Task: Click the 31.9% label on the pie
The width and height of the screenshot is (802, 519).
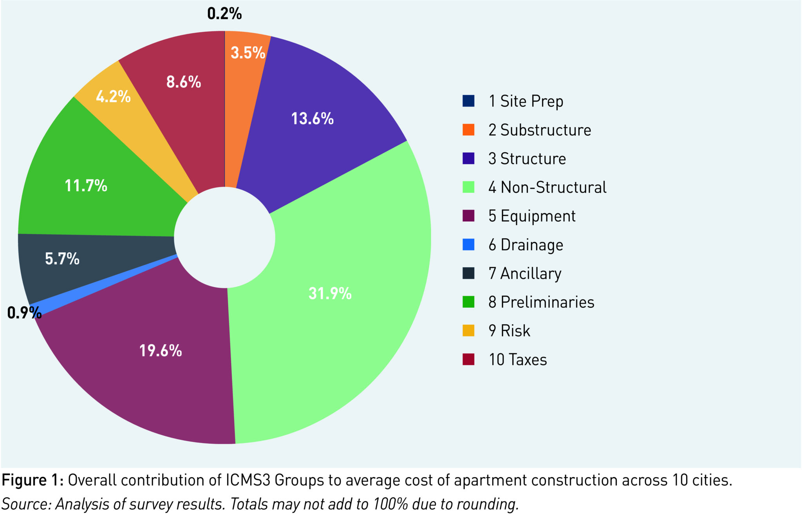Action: pyautogui.click(x=330, y=293)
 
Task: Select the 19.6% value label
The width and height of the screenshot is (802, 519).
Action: pyautogui.click(x=161, y=351)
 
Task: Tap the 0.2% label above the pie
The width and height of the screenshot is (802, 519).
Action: pyautogui.click(x=224, y=14)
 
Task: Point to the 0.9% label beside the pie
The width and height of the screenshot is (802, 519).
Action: pyautogui.click(x=24, y=313)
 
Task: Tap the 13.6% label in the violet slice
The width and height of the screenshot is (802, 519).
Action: pyautogui.click(x=312, y=119)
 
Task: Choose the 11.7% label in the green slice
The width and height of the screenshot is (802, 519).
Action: pyautogui.click(x=86, y=186)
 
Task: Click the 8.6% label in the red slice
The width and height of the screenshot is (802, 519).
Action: pyautogui.click(x=183, y=82)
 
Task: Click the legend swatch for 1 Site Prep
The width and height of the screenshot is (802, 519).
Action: pyautogui.click(x=468, y=101)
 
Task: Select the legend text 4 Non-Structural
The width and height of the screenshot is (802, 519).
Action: pyautogui.click(x=547, y=187)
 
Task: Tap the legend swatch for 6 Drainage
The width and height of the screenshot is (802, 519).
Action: pyautogui.click(x=468, y=245)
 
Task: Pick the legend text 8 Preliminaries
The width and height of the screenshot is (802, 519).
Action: pyautogui.click(x=541, y=302)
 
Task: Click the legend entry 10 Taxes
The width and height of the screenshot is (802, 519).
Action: pyautogui.click(x=517, y=360)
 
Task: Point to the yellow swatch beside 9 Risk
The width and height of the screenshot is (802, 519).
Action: pyautogui.click(x=468, y=331)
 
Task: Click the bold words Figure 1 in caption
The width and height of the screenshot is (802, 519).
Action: pyautogui.click(x=32, y=480)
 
